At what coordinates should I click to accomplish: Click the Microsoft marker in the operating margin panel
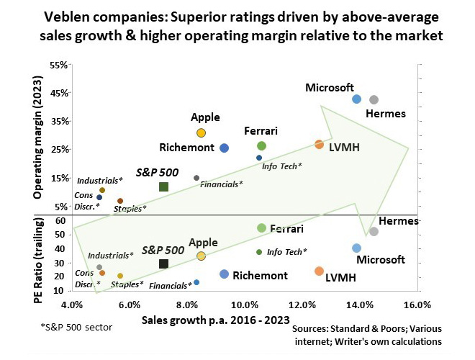tap(356, 99)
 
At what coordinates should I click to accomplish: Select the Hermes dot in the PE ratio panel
tap(374, 231)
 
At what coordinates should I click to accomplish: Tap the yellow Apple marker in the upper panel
tap(202, 132)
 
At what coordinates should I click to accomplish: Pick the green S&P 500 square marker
tap(163, 187)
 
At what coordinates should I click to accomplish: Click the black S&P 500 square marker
tap(163, 264)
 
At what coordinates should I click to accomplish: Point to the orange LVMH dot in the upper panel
tap(319, 145)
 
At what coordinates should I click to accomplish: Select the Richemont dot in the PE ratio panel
tap(224, 274)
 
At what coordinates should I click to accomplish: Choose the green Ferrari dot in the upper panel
tap(261, 146)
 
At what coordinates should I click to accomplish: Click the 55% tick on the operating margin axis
tap(58, 65)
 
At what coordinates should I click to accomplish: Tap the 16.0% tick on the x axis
tap(417, 305)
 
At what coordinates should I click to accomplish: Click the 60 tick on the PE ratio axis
tap(60, 221)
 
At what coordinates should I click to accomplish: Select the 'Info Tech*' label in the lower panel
tap(286, 252)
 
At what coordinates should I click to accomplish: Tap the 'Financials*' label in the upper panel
tap(221, 184)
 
